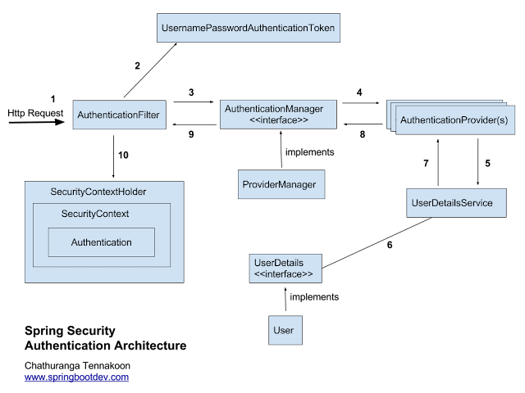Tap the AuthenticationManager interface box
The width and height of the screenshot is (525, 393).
[x=278, y=114]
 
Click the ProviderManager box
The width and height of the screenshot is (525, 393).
[x=277, y=184]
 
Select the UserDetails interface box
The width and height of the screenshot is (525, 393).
[x=285, y=268]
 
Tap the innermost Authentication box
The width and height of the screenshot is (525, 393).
[x=102, y=242]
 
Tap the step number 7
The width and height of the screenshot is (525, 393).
[x=426, y=164]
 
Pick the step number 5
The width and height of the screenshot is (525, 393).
[x=487, y=163]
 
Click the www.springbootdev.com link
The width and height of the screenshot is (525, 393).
[x=76, y=377]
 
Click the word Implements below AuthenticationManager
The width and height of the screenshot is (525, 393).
[x=309, y=152]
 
